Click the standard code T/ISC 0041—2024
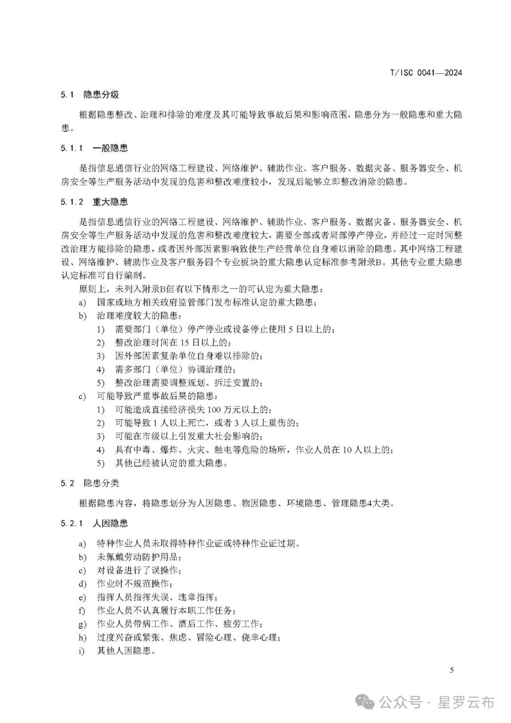(x=425, y=72)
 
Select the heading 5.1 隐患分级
(x=89, y=95)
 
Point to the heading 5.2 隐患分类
(x=89, y=483)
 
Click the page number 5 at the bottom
(x=451, y=669)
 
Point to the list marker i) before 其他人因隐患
(x=82, y=651)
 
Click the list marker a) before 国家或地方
(x=82, y=302)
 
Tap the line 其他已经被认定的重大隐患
(x=171, y=463)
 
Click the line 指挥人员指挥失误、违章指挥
(x=157, y=597)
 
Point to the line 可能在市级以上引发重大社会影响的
(x=189, y=436)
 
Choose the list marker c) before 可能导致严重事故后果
(x=82, y=396)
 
